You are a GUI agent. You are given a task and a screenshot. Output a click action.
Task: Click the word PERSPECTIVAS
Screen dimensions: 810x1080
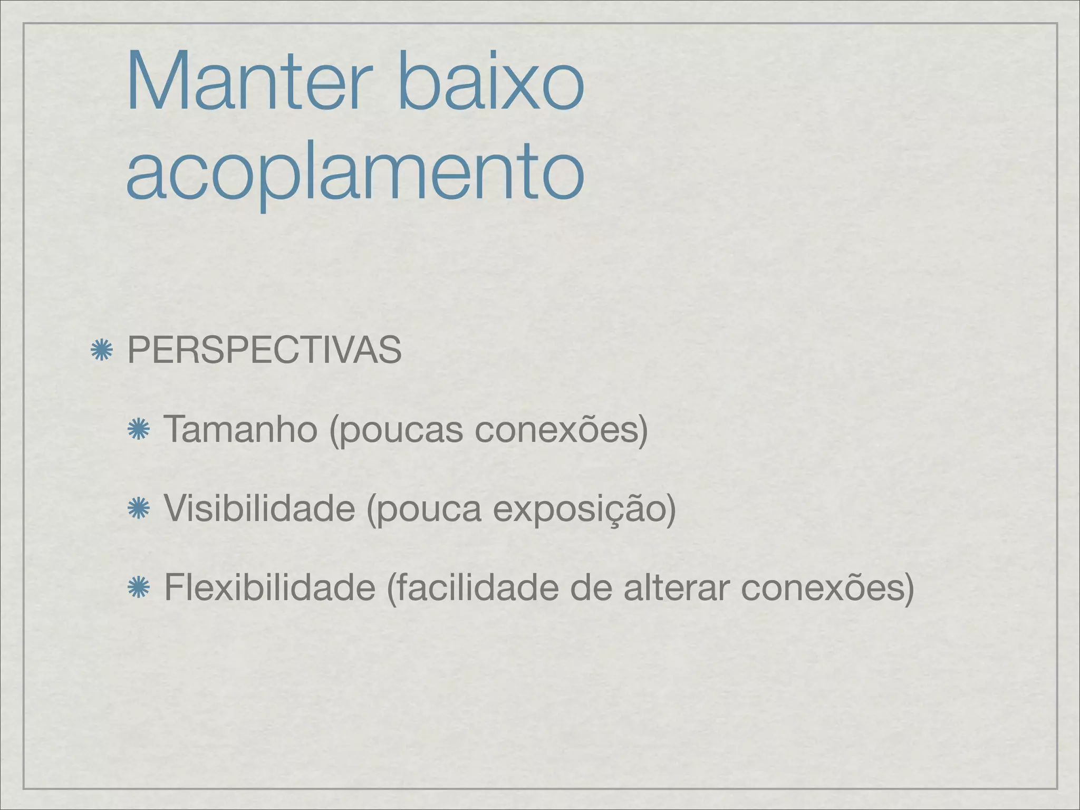pyautogui.click(x=264, y=350)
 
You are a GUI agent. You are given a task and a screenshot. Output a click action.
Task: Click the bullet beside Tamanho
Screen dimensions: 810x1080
pyautogui.click(x=138, y=430)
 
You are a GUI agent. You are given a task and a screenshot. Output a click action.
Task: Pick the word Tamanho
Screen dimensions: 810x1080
pyautogui.click(x=240, y=429)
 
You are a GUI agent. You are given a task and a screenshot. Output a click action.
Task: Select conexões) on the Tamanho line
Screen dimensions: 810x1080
pyautogui.click(x=561, y=429)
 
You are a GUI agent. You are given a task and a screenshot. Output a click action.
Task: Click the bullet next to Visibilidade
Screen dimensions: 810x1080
pyautogui.click(x=138, y=509)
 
